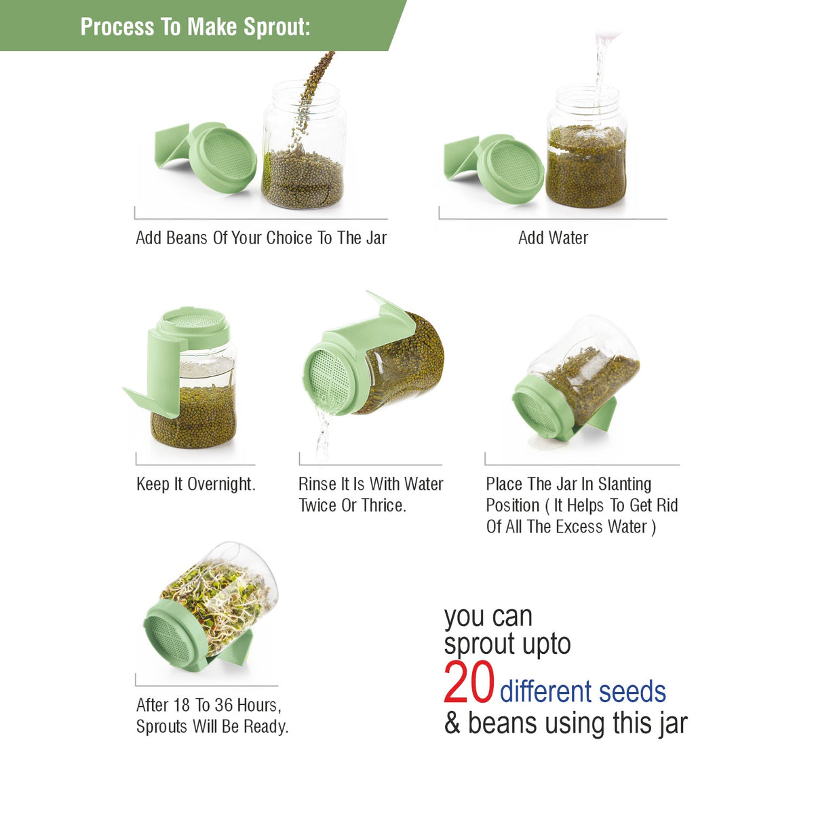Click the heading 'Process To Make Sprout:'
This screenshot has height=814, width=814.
[x=195, y=26]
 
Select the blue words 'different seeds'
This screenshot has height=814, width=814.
[x=583, y=691]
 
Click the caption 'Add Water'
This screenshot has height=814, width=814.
[x=553, y=238]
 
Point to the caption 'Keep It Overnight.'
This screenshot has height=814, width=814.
[x=196, y=484]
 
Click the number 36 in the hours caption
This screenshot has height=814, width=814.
[x=223, y=705]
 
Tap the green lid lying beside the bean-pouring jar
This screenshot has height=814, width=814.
[x=207, y=156]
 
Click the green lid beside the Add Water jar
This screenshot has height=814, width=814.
[x=495, y=168]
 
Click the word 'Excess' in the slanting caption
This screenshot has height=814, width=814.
[x=579, y=527]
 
